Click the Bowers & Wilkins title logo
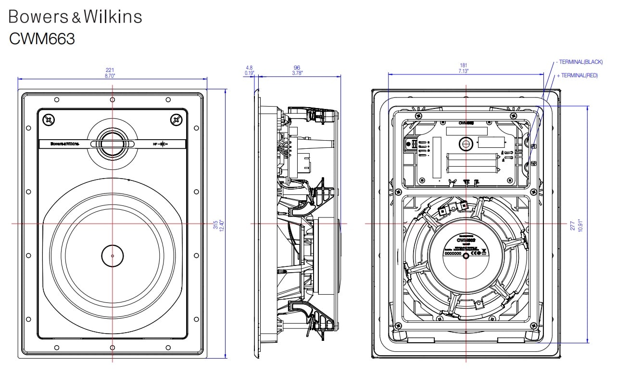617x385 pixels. (76, 17)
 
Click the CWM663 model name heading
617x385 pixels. (42, 38)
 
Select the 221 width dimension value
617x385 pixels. (110, 70)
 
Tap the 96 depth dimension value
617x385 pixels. (297, 68)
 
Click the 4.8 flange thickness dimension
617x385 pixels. (249, 68)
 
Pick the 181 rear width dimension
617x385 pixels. (464, 65)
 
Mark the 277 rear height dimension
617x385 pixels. (573, 226)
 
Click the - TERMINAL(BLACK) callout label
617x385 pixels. (579, 62)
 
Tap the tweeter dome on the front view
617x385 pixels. (112, 144)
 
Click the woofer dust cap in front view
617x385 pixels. (113, 255)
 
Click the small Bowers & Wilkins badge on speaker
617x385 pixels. (64, 144)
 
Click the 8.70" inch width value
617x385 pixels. (110, 76)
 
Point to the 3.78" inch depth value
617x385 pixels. (297, 73)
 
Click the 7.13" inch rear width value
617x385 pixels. (464, 71)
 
